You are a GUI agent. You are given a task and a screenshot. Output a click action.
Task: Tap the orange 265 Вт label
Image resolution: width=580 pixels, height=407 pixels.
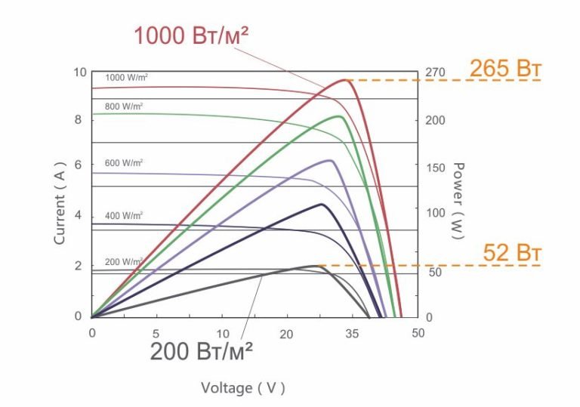(505, 69)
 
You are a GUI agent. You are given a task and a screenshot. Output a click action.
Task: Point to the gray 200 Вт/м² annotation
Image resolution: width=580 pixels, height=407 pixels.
(201, 352)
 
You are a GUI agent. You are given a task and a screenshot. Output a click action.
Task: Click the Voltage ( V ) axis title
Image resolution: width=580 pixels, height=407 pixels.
(243, 388)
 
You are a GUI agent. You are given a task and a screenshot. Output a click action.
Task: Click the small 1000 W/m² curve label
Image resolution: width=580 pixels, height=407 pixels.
(126, 77)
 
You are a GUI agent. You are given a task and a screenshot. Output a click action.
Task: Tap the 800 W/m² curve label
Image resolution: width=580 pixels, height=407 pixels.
(124, 106)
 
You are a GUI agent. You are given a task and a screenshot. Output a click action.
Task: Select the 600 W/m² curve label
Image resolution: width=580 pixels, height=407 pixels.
(124, 163)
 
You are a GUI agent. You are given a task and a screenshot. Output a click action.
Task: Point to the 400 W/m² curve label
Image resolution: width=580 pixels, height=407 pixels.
(124, 215)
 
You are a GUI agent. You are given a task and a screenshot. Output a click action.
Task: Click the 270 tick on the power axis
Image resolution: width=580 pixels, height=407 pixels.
(437, 72)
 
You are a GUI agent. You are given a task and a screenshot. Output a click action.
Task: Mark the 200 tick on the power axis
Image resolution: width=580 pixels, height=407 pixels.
(437, 121)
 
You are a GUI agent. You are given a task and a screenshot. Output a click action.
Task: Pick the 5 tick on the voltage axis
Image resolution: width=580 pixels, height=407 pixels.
(156, 333)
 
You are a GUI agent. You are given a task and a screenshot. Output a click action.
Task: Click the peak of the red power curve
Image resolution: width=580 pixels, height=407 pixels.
(344, 79)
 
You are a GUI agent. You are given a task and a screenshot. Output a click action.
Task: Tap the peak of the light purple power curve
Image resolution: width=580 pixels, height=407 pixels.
(329, 160)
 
